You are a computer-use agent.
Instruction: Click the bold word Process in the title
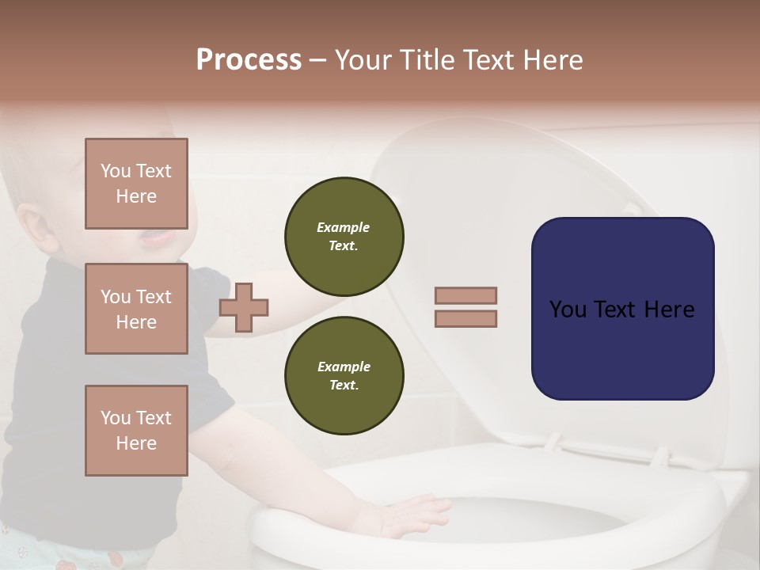point(249,60)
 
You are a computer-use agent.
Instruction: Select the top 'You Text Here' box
point(136,184)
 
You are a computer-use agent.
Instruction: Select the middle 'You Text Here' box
point(136,309)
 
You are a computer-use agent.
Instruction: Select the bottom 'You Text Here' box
point(136,431)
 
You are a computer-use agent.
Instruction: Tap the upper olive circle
point(344,237)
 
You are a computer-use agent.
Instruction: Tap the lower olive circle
point(344,376)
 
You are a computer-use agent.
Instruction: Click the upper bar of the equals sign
point(465,296)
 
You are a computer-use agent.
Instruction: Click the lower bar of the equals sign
point(465,319)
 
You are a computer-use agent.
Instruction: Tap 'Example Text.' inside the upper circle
point(344,237)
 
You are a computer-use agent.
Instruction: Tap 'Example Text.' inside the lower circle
point(344,376)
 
